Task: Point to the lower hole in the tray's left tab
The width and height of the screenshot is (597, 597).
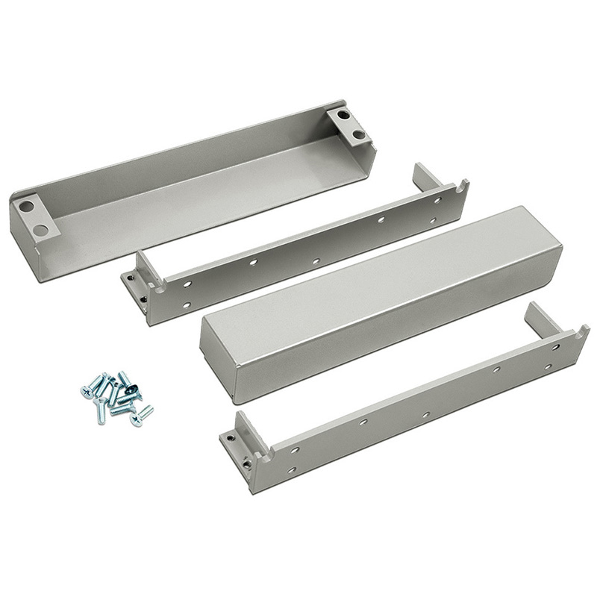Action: [x=41, y=230]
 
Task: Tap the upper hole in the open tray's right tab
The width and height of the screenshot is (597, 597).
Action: [x=343, y=116]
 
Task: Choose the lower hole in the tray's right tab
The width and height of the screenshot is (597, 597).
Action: [x=358, y=135]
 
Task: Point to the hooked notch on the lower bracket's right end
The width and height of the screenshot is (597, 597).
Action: [x=579, y=331]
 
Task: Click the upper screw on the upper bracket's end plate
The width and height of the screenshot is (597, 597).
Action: [x=132, y=278]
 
